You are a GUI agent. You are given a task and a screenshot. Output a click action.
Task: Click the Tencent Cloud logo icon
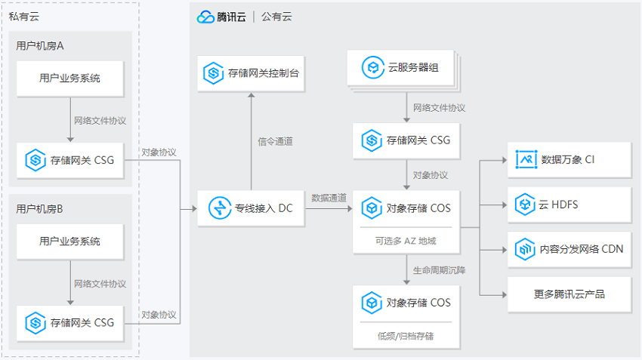click(205, 17)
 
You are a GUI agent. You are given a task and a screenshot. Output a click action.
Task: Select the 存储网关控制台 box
click(251, 73)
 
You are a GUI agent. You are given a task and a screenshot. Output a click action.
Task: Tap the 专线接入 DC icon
click(220, 208)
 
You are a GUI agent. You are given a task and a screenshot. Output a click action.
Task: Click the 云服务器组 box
click(401, 67)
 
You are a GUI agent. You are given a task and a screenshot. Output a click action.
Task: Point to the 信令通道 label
click(275, 142)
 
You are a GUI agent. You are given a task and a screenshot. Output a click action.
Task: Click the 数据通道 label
click(329, 198)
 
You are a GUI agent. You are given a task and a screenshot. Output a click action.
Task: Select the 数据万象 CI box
click(569, 159)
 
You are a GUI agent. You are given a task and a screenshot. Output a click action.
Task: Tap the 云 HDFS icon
click(526, 204)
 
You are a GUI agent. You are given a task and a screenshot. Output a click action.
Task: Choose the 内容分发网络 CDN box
click(569, 250)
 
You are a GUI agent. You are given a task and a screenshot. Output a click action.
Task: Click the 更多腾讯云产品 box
click(569, 294)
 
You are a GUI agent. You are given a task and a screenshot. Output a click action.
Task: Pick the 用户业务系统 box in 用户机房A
click(70, 78)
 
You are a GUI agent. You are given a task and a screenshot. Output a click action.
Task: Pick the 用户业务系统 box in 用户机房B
click(70, 242)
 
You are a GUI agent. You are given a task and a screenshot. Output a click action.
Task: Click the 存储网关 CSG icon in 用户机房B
click(35, 323)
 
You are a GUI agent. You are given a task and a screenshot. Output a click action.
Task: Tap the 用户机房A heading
click(40, 46)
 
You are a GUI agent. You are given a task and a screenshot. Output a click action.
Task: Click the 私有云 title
click(23, 17)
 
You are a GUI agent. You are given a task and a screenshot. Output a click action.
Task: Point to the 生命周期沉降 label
click(439, 270)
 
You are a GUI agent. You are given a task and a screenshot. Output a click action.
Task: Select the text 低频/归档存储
click(406, 337)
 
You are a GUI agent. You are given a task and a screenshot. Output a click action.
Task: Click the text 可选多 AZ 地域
click(406, 241)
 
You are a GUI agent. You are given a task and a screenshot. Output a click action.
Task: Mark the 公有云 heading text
click(276, 17)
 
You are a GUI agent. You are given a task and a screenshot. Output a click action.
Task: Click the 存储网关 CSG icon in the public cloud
click(372, 140)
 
